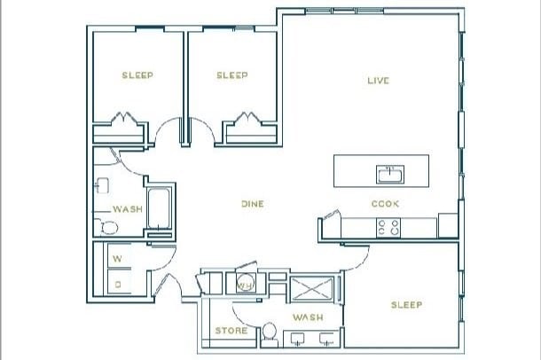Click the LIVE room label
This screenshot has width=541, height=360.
[379, 81]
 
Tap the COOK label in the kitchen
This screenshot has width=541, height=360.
[385, 204]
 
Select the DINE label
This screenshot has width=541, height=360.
[253, 204]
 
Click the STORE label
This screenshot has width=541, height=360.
[231, 331]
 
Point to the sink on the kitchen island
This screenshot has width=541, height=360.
[388, 171]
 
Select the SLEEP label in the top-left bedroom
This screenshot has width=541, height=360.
[137, 75]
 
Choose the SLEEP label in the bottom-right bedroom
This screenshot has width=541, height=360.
[406, 305]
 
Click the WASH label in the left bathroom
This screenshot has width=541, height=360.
[127, 209]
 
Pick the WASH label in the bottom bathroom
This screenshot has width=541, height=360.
[307, 317]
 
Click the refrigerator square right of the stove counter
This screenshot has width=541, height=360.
[448, 226]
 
